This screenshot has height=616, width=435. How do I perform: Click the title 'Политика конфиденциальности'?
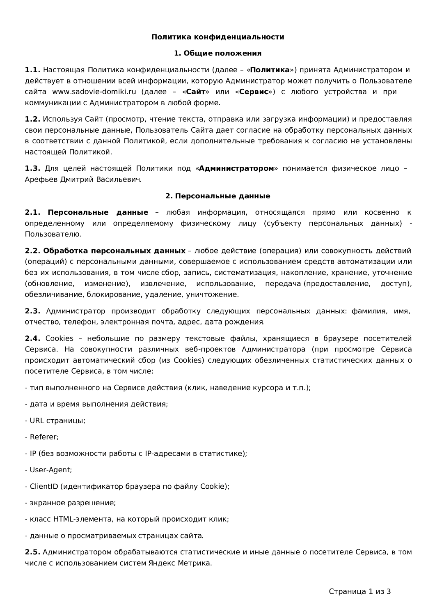pos(217,37)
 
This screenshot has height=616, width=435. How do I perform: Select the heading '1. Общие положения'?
pos(217,53)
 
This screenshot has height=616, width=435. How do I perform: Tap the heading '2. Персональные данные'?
pos(217,196)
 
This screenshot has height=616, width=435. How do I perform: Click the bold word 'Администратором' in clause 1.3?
pos(236,168)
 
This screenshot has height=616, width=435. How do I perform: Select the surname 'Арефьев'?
pos(41,179)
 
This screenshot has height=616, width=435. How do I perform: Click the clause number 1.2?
pos(32,119)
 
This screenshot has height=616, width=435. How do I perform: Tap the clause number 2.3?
pos(32,311)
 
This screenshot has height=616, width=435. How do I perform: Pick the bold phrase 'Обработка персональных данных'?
pos(114,251)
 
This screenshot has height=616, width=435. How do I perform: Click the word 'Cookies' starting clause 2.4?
pos(59,338)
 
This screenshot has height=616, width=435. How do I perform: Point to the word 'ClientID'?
pos(44,486)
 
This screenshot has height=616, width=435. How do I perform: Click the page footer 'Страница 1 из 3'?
pos(359,591)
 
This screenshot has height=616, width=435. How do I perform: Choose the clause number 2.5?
pos(32,552)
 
